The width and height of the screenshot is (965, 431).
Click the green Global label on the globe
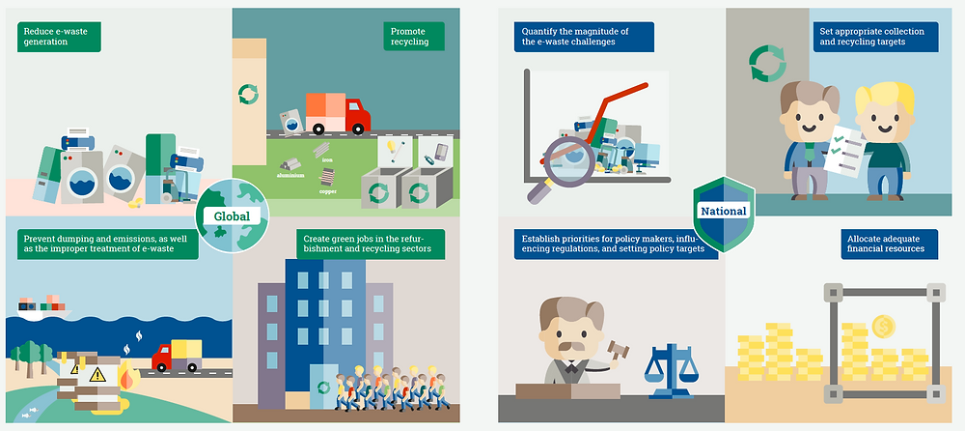tap(232, 216)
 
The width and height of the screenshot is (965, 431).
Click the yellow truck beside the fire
tap(176, 355)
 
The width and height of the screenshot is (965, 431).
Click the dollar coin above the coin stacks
tap(881, 326)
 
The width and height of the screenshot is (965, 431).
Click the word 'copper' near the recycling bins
tap(327, 191)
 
